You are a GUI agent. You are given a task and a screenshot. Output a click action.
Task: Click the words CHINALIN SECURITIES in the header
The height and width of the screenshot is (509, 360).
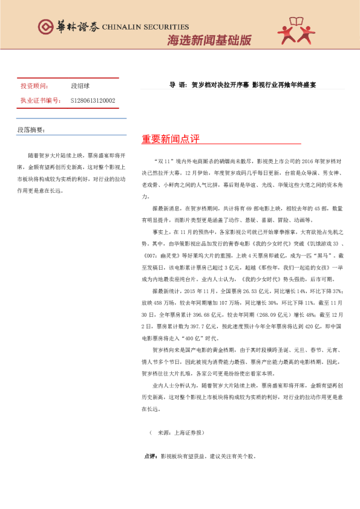coord(145,27)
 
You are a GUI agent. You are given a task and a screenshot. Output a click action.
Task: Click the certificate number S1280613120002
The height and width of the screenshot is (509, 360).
coord(93,100)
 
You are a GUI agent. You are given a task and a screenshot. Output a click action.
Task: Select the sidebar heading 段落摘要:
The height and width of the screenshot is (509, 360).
coord(31,129)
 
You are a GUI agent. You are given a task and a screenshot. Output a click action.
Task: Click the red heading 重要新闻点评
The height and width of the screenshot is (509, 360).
coord(170,139)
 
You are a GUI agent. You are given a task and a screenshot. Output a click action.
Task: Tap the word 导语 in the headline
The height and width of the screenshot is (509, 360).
coord(177,85)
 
